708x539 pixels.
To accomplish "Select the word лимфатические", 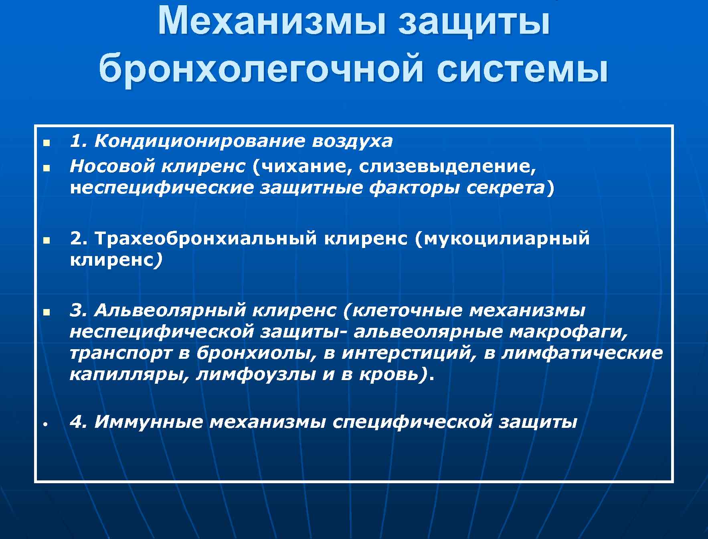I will point(582,354).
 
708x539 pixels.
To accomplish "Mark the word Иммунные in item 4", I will point(149,422).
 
